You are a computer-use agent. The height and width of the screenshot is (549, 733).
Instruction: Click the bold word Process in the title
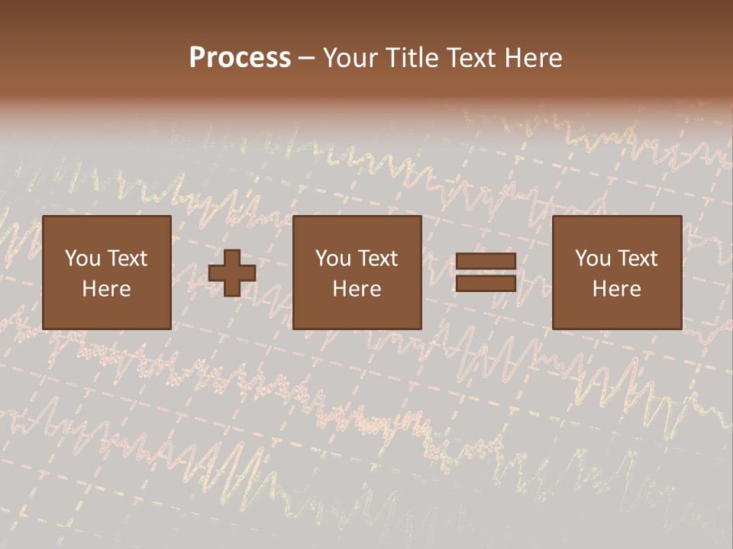[x=240, y=58]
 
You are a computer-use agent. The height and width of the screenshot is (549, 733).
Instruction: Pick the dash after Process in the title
[x=307, y=59]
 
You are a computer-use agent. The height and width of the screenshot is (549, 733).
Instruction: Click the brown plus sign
[x=232, y=273]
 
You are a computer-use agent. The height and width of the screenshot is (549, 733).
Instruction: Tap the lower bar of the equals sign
[x=486, y=283]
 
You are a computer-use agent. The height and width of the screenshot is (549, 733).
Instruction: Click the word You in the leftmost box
[x=82, y=258]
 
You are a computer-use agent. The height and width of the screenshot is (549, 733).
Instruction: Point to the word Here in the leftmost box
[x=106, y=289]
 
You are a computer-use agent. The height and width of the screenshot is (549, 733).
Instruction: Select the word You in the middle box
[x=333, y=258]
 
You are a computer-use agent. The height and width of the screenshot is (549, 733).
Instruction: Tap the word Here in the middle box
[x=357, y=289]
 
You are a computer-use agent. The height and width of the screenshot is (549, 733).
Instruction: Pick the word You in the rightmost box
[x=593, y=258]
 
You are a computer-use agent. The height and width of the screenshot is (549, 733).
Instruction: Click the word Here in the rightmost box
[x=616, y=289]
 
